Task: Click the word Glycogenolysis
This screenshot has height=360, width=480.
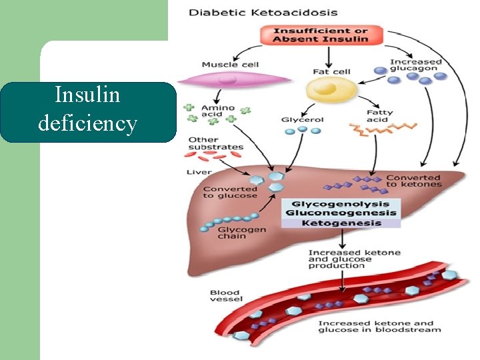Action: coord(341,204)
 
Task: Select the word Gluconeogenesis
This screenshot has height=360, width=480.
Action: coord(341,213)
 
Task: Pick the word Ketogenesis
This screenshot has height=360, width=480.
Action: coord(341,223)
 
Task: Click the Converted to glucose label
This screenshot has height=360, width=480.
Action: coord(230,192)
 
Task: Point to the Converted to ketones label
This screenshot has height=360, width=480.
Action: coord(413,181)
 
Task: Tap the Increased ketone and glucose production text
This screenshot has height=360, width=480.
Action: coord(345,259)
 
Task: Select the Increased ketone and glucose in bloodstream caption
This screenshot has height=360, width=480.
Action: coord(379,327)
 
